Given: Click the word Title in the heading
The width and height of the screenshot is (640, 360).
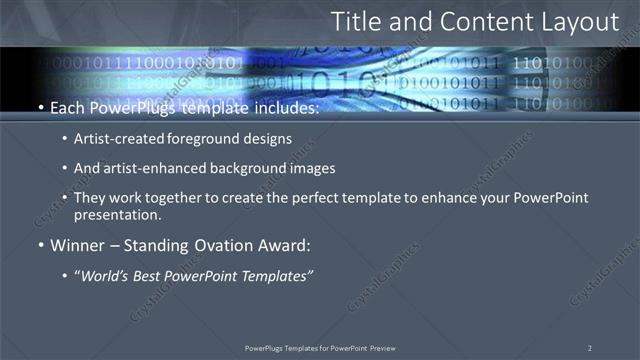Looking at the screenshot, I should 354,21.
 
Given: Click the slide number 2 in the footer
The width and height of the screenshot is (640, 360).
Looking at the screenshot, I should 589,348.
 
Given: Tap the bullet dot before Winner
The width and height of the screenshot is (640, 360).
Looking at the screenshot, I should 39,245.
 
